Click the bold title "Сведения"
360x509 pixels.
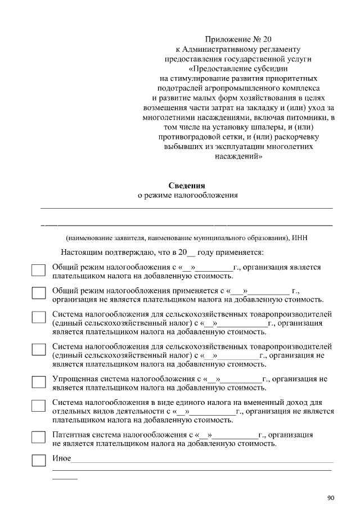point(187,186)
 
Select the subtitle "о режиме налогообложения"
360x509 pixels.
point(188,196)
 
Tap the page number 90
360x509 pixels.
point(330,498)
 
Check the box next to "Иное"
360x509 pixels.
point(38,460)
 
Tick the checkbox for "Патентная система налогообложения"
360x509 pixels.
point(38,437)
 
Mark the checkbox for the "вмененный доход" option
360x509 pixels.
point(38,406)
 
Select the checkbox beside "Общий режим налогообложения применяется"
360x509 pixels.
point(38,293)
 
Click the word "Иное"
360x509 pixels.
point(61,458)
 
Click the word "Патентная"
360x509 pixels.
point(70,435)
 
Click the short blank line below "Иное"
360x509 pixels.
point(65,478)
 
